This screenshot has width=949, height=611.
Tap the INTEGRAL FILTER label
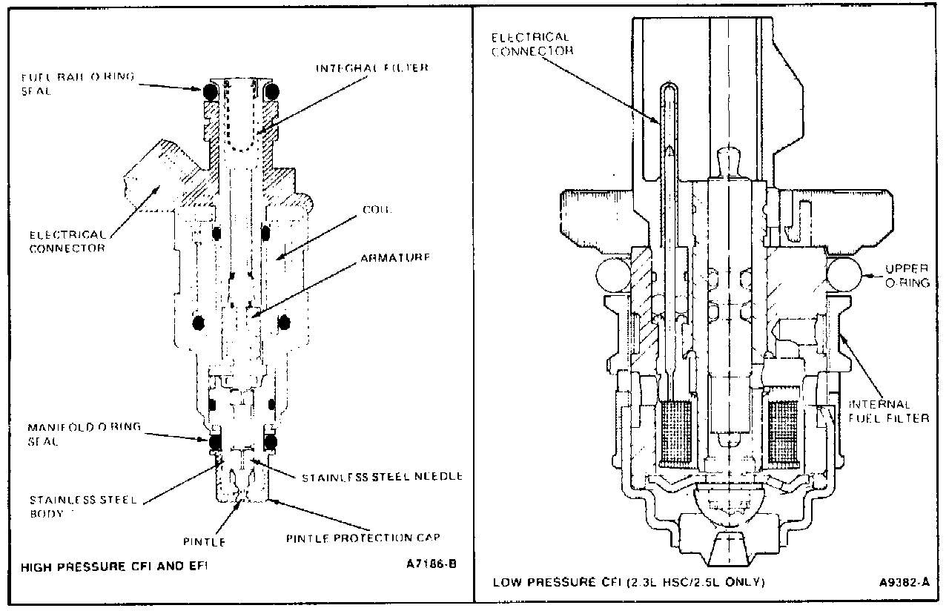coord(373,67)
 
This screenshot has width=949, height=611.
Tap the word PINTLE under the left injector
coord(203,542)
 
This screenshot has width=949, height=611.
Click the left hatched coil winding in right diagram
coord(675,435)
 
